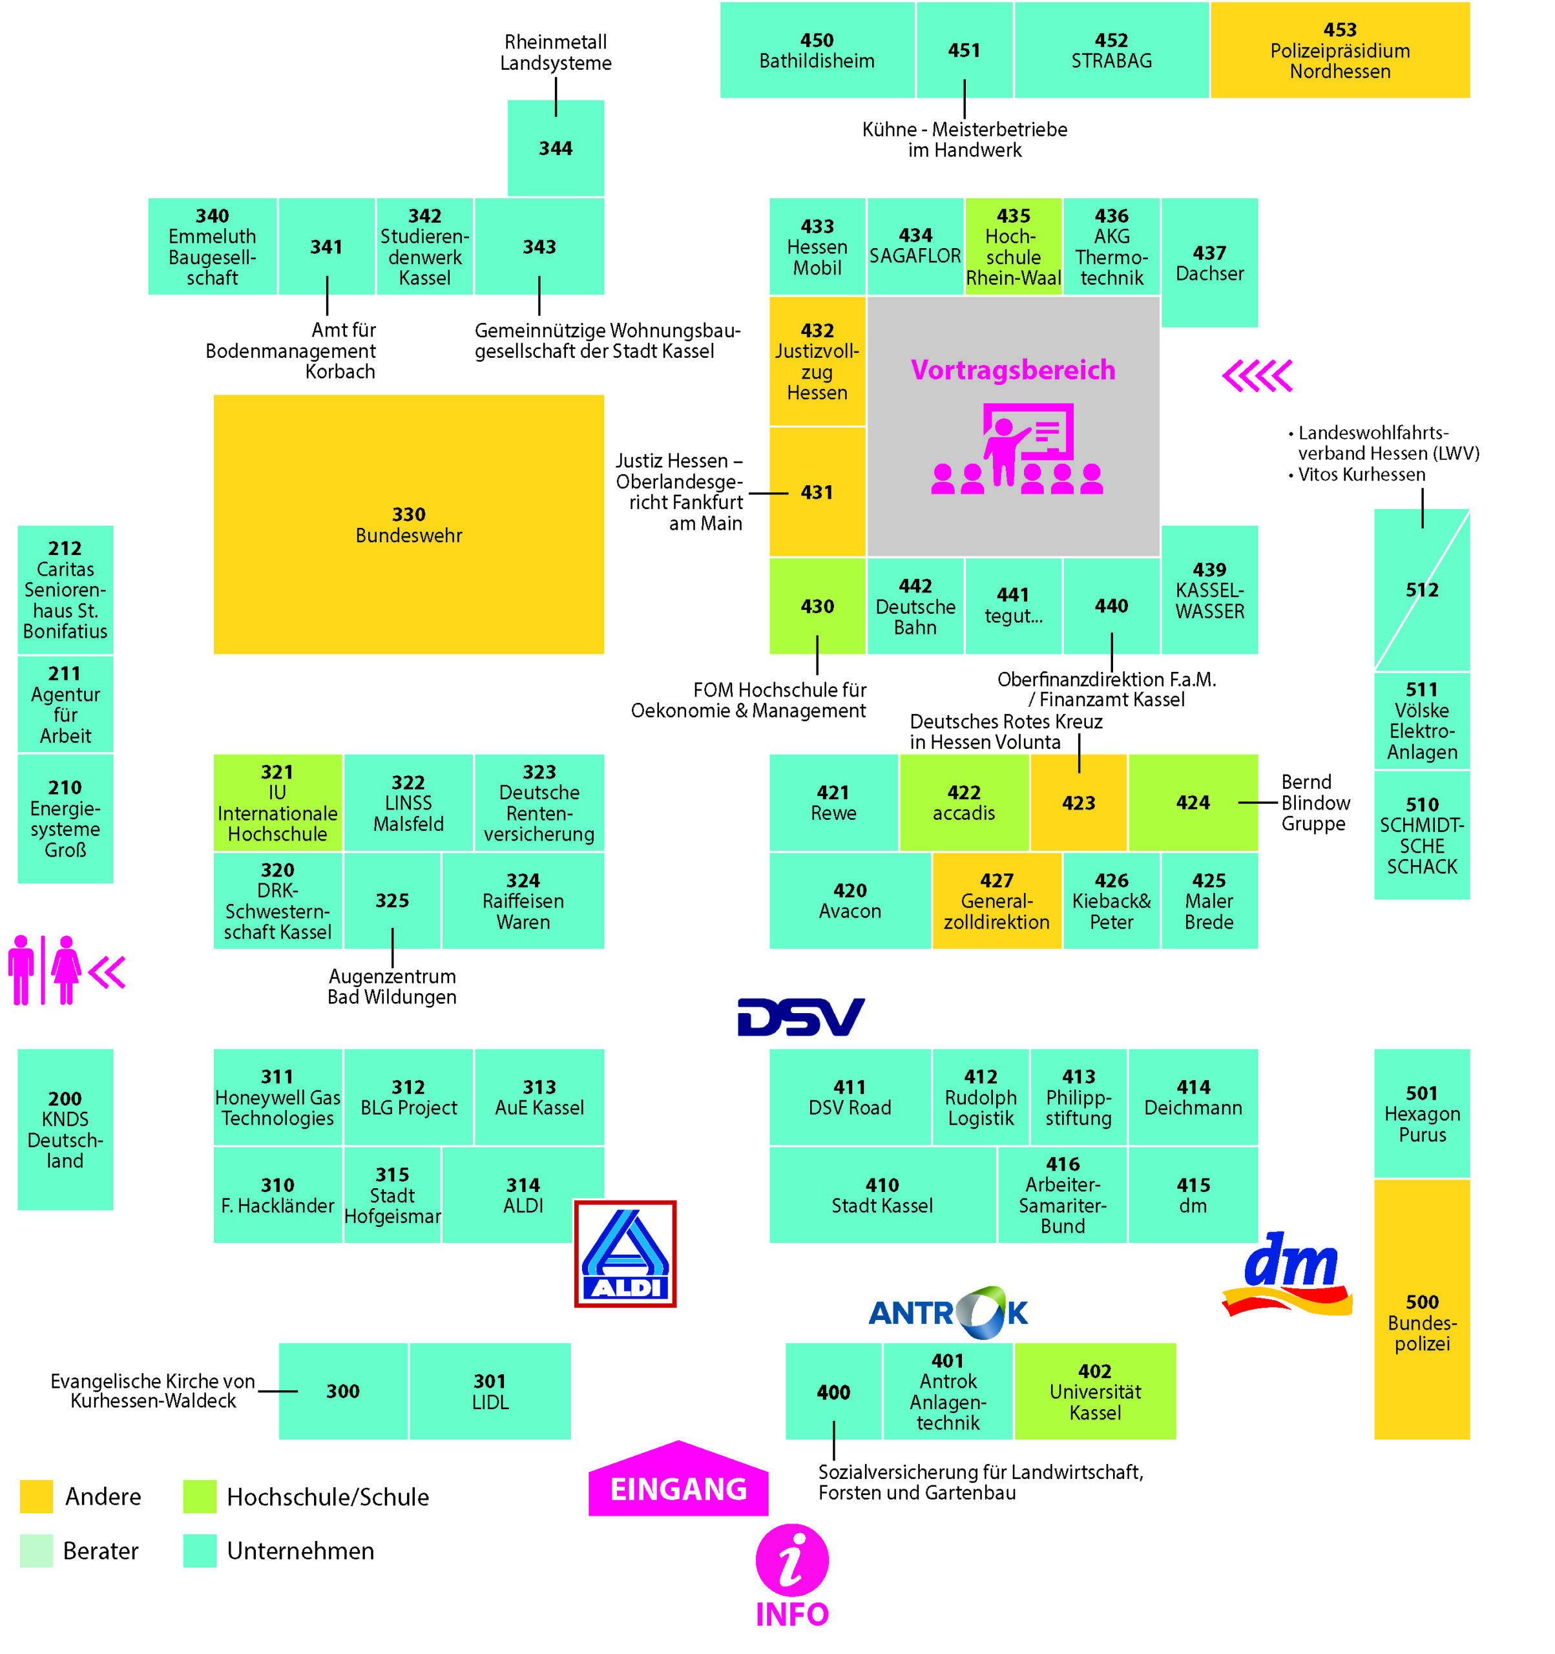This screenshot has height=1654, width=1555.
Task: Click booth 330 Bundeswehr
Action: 408,524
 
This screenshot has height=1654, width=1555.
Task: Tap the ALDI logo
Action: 625,1253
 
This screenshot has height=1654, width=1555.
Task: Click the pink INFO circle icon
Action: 791,1560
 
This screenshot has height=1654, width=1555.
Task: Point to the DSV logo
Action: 800,1017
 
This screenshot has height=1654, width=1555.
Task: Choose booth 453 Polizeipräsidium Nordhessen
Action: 1339,50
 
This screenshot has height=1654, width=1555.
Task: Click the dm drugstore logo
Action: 1288,1273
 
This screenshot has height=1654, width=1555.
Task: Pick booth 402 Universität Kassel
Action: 1094,1391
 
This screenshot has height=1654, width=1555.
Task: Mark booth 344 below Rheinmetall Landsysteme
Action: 555,148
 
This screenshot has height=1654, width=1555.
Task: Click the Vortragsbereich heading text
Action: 1012,370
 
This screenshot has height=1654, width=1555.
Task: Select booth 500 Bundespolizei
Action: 1421,1310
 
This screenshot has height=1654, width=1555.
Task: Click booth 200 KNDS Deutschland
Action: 65,1129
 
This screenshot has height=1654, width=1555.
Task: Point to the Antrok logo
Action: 948,1312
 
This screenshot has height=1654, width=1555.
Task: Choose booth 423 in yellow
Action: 1078,803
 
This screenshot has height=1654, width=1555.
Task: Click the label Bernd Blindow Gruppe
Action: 1315,803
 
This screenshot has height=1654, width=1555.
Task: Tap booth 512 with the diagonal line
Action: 1421,590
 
